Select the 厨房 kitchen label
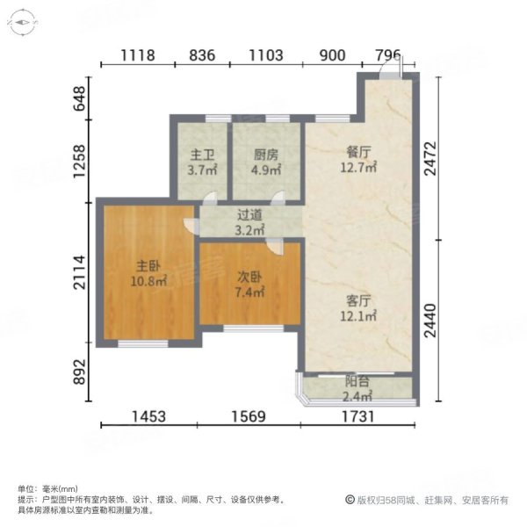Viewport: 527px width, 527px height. pyautogui.click(x=265, y=155)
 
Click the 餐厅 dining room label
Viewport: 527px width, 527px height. pyautogui.click(x=357, y=148)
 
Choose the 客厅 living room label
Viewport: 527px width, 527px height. pyautogui.click(x=357, y=299)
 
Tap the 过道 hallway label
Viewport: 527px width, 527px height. pyautogui.click(x=249, y=213)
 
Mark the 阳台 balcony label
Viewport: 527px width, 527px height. pyautogui.click(x=356, y=381)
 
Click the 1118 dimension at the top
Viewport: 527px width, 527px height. pyautogui.click(x=137, y=55)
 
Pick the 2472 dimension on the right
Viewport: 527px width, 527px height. pyautogui.click(x=450, y=158)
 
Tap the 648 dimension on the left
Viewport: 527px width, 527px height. pyautogui.click(x=78, y=97)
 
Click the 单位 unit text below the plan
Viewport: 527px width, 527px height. pyautogui.click(x=26, y=489)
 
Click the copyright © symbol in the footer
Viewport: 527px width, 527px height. pyautogui.click(x=350, y=500)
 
